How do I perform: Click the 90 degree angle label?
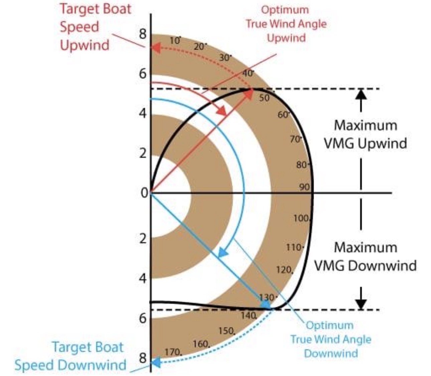[304, 187]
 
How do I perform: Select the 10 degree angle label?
[175, 40]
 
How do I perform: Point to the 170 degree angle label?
[173, 352]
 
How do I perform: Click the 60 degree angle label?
[284, 115]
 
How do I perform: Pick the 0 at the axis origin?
[144, 193]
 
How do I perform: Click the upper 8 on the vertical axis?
[143, 34]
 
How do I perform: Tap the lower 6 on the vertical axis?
[143, 318]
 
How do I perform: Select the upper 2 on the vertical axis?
[143, 153]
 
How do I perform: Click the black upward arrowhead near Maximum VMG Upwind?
[361, 95]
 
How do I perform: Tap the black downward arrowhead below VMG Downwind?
[361, 304]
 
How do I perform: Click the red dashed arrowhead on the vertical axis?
[156, 48]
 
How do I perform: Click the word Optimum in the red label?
[285, 10]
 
